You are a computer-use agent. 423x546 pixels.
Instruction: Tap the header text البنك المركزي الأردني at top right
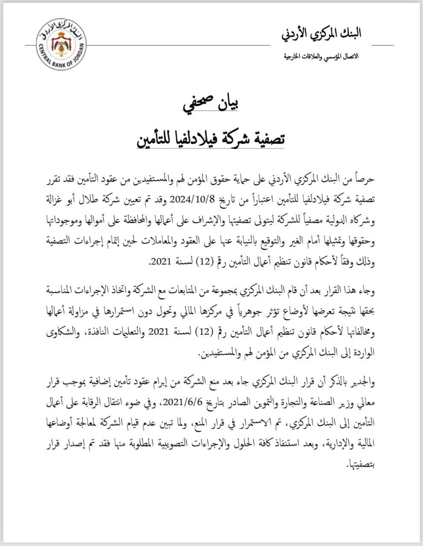coord(321,35)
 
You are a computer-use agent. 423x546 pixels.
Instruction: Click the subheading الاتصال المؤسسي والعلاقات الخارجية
coord(323,57)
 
